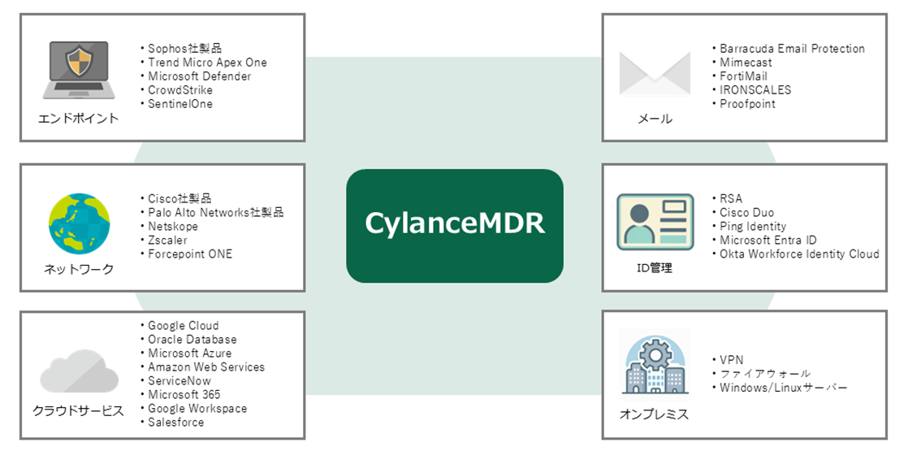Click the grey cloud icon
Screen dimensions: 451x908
[79, 371]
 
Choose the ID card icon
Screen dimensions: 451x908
[655, 220]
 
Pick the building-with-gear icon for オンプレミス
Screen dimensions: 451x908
[655, 366]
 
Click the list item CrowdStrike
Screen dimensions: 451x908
[179, 90]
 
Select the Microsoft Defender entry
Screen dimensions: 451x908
[199, 76]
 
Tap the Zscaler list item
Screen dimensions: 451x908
[167, 241]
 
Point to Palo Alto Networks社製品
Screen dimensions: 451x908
[215, 213]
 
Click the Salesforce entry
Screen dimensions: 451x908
[175, 423]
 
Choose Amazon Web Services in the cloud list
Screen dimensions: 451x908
[205, 367]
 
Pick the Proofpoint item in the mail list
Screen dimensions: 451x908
[747, 104]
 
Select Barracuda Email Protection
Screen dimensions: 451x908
[792, 49]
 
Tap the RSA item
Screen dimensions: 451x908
[731, 199]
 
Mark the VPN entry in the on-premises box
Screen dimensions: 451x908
[731, 360]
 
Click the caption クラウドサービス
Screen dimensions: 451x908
[79, 411]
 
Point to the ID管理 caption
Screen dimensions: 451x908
[655, 268]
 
